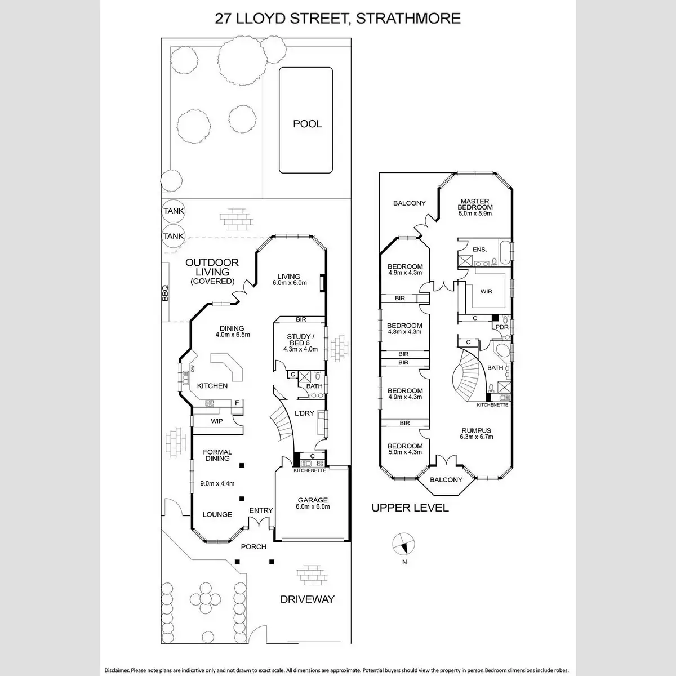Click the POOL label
308,124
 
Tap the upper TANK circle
174,211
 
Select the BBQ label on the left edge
165,293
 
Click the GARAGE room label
312,500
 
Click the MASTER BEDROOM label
475,204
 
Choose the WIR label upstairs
486,292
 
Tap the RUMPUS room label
476,431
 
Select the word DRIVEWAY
308,599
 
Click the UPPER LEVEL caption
410,508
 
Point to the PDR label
502,327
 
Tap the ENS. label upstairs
479,249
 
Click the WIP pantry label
217,421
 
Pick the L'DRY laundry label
305,413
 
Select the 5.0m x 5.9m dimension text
475,214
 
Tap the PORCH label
253,546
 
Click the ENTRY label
261,510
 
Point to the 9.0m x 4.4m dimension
217,483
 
